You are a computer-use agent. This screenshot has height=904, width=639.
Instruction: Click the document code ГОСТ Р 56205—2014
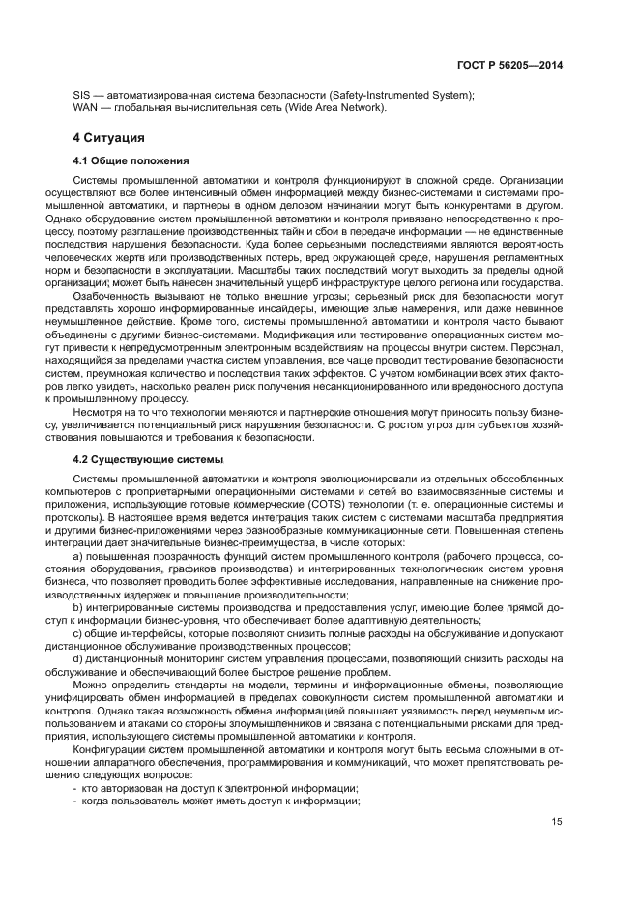click(512, 65)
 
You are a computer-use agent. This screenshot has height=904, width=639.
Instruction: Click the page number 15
click(558, 824)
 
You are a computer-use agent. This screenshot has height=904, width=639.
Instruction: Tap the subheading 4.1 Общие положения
click(131, 160)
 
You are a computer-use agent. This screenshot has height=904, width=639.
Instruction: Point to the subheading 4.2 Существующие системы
click(149, 458)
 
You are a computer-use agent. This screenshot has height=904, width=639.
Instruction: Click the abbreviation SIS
click(83, 94)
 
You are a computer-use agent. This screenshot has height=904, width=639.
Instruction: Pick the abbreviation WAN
click(87, 107)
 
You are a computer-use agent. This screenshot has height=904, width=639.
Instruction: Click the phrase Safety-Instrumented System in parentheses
click(399, 94)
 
